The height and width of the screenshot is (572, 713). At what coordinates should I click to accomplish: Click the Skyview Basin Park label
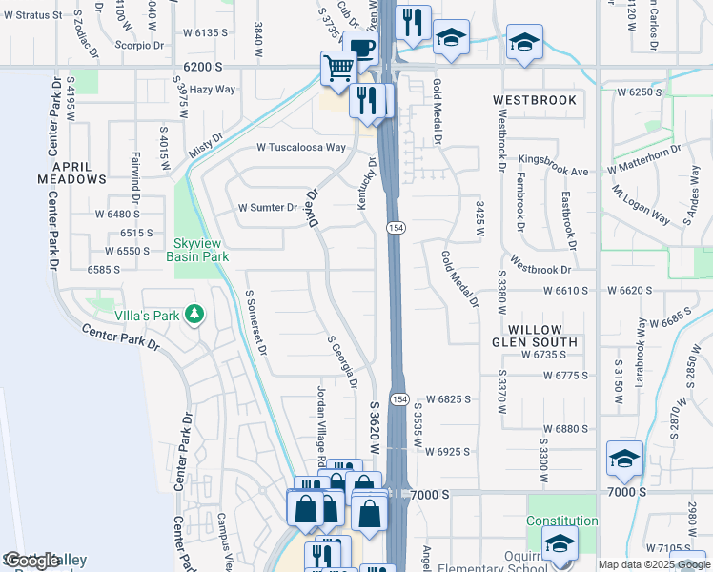click(197, 250)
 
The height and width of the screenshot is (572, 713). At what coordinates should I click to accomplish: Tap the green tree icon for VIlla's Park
click(195, 314)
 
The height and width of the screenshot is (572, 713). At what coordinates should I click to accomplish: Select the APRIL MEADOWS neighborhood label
click(71, 172)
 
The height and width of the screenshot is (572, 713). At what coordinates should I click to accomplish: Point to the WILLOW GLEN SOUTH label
click(535, 335)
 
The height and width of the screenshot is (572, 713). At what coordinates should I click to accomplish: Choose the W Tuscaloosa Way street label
click(300, 148)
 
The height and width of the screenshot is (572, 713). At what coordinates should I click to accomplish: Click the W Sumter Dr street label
click(268, 207)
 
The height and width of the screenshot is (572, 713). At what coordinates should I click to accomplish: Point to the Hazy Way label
click(212, 89)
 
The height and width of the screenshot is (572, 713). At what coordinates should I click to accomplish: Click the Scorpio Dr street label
click(138, 45)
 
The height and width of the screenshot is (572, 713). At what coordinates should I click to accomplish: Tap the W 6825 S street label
click(448, 398)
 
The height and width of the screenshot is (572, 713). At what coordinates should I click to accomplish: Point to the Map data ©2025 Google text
click(653, 564)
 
